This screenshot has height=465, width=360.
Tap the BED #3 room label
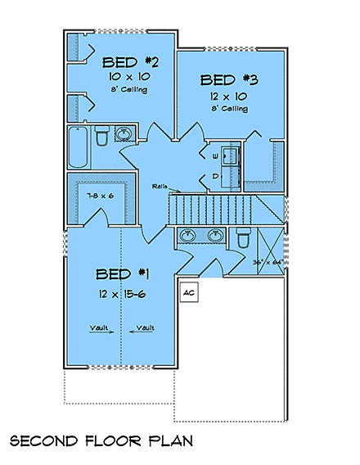click(x=229, y=80)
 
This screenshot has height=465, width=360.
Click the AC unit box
click(x=187, y=292)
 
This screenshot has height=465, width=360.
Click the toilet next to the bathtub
click(x=101, y=136)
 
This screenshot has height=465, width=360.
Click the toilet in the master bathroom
click(x=242, y=238)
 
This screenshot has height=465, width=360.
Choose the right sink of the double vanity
click(x=216, y=237)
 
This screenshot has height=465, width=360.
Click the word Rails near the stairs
click(x=160, y=187)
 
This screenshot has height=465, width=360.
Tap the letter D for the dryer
click(x=216, y=175)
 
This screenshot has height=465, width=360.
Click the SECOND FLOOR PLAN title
click(x=101, y=440)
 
